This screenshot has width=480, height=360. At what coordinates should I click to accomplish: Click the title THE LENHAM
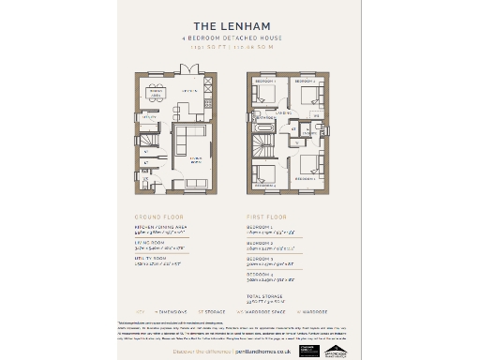(239, 25)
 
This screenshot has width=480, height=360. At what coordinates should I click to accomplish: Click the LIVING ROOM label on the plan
(198, 159)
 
